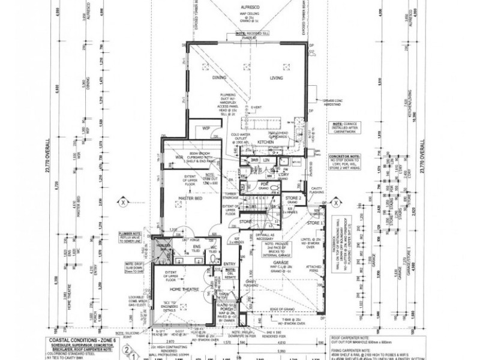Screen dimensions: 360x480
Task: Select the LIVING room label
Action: (x=276, y=77)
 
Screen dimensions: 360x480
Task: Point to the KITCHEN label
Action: (x=265, y=142)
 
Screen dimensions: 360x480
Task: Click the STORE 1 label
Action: (x=314, y=224)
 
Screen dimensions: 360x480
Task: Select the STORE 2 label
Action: (x=292, y=197)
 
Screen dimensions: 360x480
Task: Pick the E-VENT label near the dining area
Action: (x=256, y=107)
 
